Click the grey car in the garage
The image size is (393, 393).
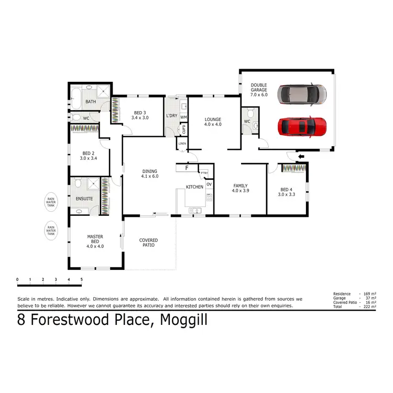(x=302, y=94)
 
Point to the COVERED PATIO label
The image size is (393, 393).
(x=148, y=243)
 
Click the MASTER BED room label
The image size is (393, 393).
(x=95, y=241)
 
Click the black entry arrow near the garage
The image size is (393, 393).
(x=300, y=156)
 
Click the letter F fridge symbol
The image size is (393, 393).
(x=187, y=168)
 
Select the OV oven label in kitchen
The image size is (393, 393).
(x=209, y=184)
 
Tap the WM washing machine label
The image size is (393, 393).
(x=184, y=117)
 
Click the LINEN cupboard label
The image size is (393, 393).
(x=182, y=144)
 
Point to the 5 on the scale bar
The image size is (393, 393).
(x=81, y=280)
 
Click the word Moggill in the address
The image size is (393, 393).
(x=183, y=320)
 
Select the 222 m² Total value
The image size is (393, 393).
(x=369, y=307)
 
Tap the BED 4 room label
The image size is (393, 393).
(x=287, y=192)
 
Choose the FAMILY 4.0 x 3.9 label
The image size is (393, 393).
(x=241, y=188)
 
